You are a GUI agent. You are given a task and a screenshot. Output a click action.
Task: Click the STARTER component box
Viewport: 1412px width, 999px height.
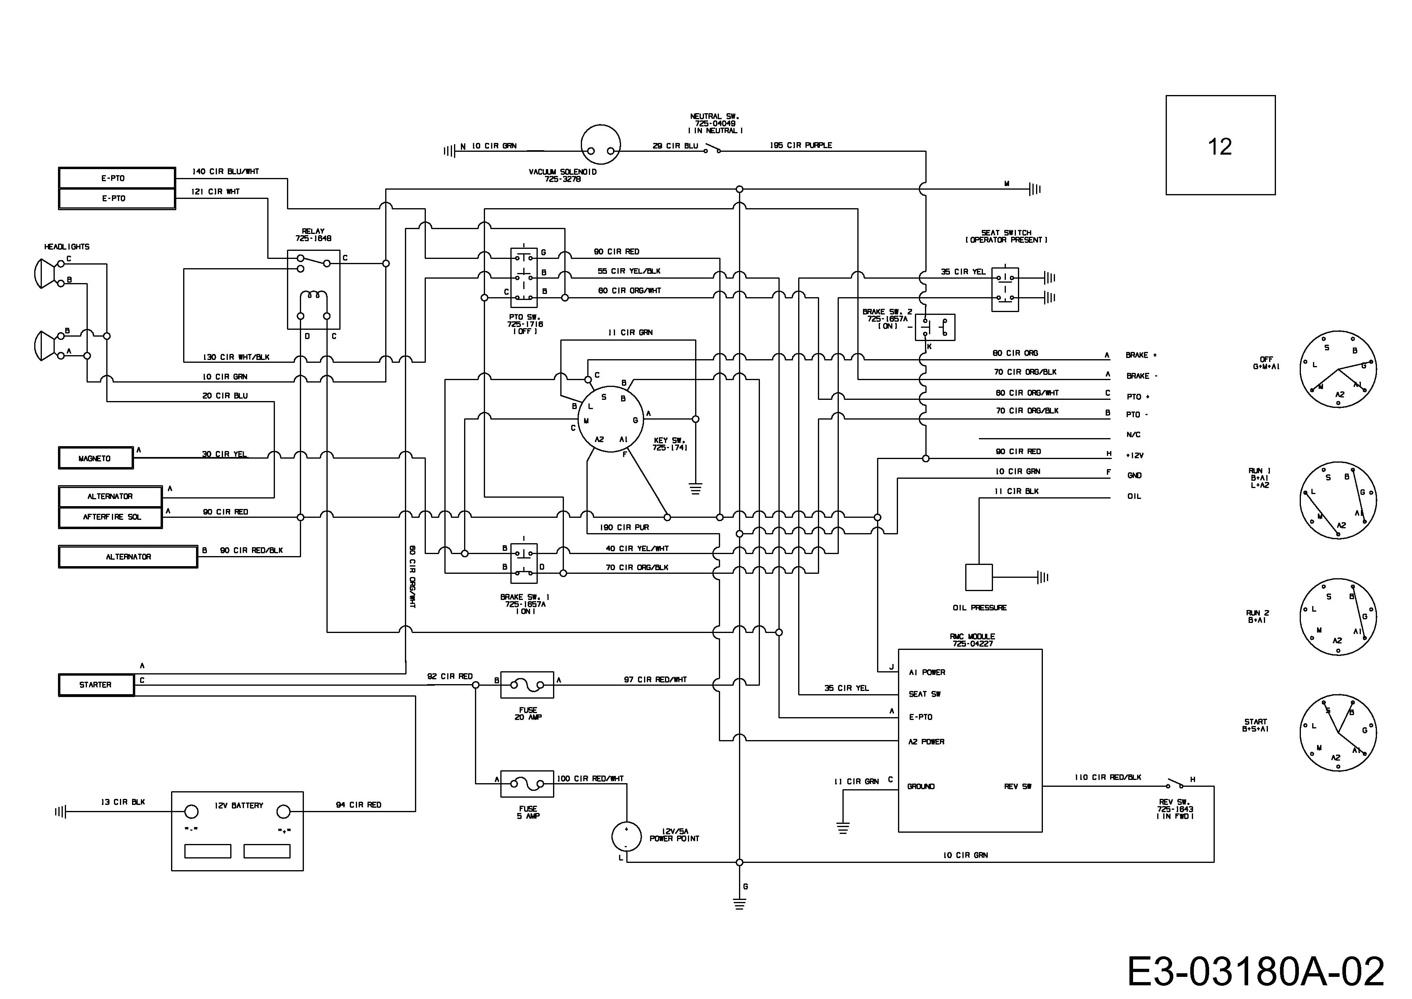pyautogui.click(x=96, y=685)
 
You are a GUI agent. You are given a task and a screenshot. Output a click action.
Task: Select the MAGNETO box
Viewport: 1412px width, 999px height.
pyautogui.click(x=95, y=458)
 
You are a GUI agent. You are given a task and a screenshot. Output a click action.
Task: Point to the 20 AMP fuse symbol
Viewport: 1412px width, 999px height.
pyautogui.click(x=527, y=685)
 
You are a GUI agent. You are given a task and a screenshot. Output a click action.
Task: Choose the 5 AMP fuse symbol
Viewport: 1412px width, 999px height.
pyautogui.click(x=527, y=784)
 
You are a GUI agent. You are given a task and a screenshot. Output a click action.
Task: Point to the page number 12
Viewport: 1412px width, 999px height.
pyautogui.click(x=1220, y=147)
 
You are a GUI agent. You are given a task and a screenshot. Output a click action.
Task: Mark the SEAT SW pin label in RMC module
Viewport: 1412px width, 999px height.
pyautogui.click(x=925, y=694)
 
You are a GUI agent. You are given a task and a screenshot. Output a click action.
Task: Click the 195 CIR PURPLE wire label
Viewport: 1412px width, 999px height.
pyautogui.click(x=801, y=145)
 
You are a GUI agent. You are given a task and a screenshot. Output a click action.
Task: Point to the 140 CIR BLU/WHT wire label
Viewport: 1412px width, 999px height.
pyautogui.click(x=226, y=172)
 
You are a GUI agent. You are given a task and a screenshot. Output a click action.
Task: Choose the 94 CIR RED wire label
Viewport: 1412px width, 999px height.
pyautogui.click(x=359, y=805)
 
